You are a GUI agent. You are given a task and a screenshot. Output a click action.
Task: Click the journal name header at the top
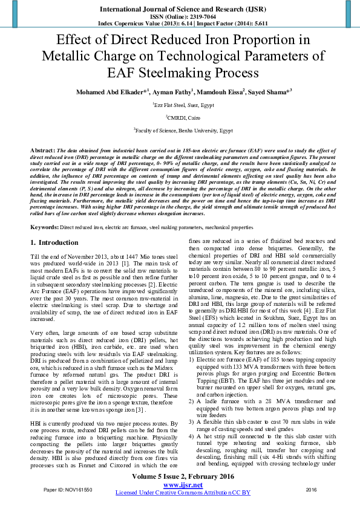pos(180,10)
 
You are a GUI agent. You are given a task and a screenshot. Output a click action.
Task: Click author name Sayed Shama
pos(270,91)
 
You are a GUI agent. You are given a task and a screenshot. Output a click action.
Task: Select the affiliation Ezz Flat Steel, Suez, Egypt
pos(180,104)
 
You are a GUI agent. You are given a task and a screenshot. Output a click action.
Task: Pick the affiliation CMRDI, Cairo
pos(180,117)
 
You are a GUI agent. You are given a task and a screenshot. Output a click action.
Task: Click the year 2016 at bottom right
pos(311,488)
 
